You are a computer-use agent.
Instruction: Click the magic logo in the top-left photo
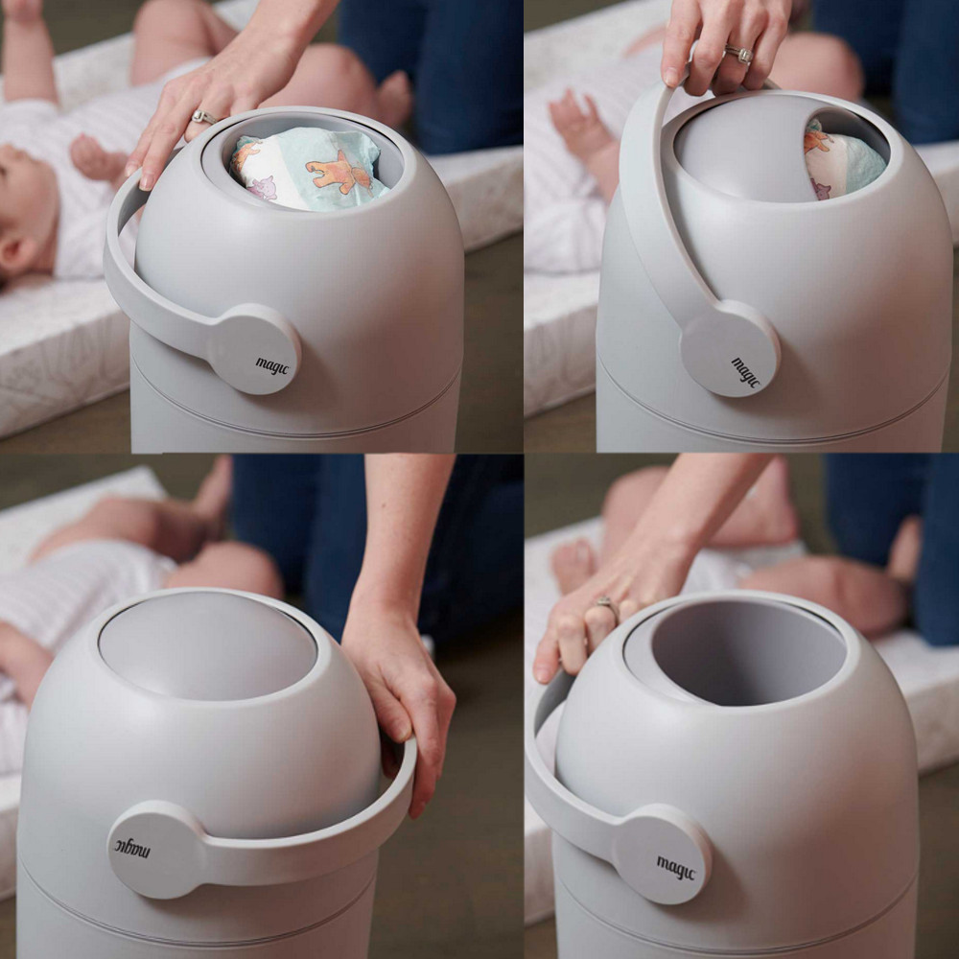coord(272,365)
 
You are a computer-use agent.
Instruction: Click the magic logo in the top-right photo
coord(745,372)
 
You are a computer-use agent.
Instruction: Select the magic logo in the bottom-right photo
coord(676,868)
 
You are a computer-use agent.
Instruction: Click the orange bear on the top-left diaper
coord(340,173)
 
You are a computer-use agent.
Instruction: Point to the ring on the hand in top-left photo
coord(204,117)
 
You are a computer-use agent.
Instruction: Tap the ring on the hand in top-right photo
coord(738,55)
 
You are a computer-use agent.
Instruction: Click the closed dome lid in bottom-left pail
coord(207,646)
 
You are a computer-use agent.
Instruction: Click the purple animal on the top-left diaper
coord(263,188)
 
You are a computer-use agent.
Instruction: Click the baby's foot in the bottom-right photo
coord(573,565)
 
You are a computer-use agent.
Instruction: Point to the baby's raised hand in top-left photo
coord(99,158)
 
